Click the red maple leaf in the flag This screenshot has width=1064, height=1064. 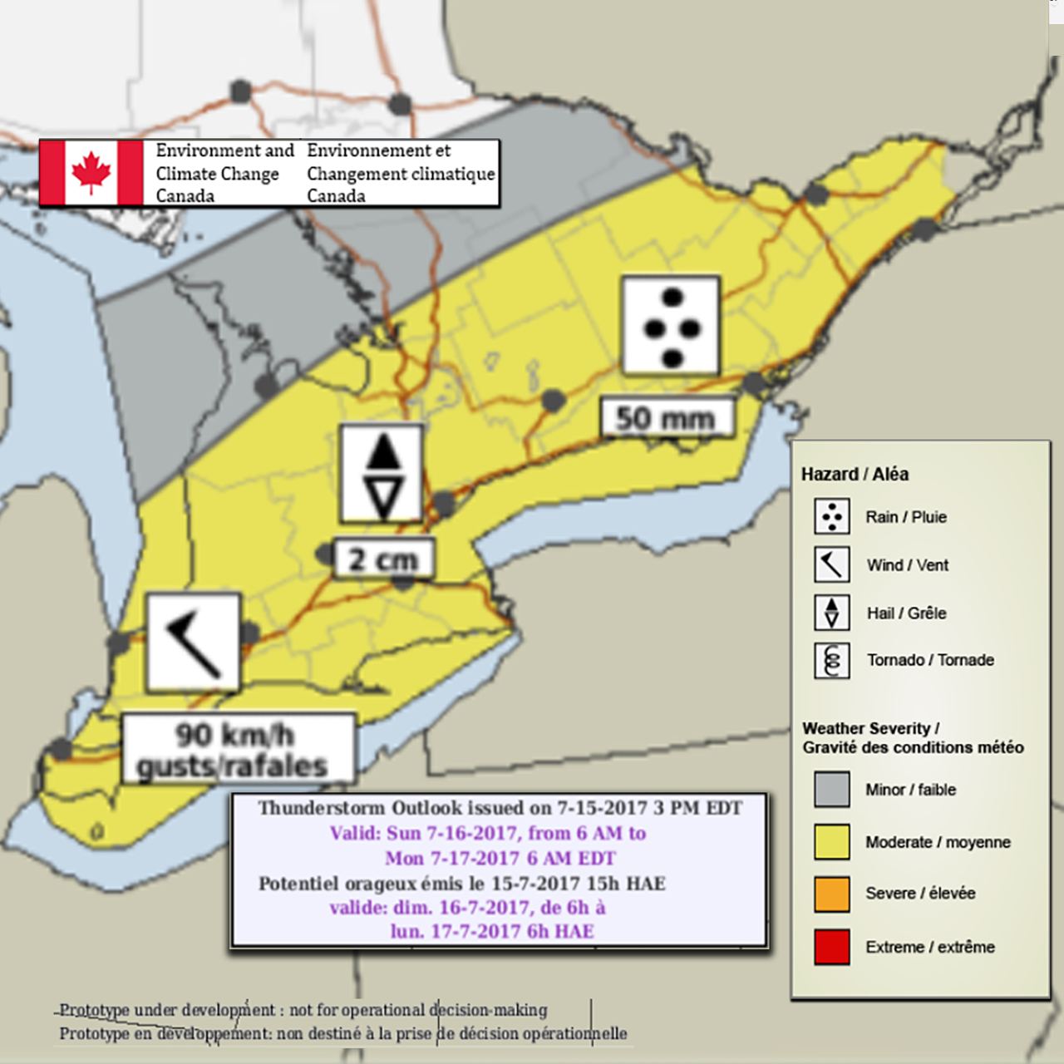coord(91,172)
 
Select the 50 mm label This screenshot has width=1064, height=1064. coord(667,418)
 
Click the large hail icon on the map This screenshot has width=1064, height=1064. coord(382,474)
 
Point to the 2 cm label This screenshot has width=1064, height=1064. coord(383,559)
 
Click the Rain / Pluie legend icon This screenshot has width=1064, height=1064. coord(831,516)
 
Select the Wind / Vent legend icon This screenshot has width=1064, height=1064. coord(831,564)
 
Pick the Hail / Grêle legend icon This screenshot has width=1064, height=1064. coord(831,613)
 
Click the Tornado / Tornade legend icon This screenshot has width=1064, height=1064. coord(831,661)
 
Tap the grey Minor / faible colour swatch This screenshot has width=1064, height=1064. coord(831,790)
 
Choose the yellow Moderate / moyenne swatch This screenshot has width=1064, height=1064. coord(831,841)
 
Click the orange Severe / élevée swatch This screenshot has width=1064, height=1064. coord(831,894)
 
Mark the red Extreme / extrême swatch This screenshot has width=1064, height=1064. coord(831,946)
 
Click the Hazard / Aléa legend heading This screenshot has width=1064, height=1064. coord(855,474)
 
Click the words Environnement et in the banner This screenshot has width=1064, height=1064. coord(378,150)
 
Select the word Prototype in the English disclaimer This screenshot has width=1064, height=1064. coord(94,1010)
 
